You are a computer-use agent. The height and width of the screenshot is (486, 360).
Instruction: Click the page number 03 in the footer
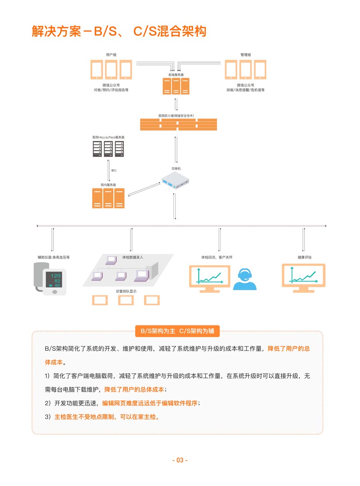(180, 460)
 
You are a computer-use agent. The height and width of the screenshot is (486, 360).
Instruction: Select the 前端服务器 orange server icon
(176, 86)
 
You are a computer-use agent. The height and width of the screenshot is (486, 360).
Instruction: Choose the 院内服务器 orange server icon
(108, 198)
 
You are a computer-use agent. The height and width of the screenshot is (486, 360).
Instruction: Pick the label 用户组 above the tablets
(111, 55)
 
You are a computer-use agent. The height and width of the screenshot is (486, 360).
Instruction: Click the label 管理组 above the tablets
(245, 55)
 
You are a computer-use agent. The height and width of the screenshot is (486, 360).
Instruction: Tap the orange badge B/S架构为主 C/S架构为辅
(177, 331)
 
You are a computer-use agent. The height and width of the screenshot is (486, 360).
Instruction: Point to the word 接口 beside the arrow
(114, 170)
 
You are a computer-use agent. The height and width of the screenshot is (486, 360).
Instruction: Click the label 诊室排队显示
(126, 291)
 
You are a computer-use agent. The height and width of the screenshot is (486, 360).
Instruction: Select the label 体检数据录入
(133, 257)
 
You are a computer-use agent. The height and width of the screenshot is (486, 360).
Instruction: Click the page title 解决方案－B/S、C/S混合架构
(119, 31)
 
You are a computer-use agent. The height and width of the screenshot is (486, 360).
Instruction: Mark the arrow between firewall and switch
(176, 149)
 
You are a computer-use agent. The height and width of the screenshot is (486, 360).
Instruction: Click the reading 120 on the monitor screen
(56, 276)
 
